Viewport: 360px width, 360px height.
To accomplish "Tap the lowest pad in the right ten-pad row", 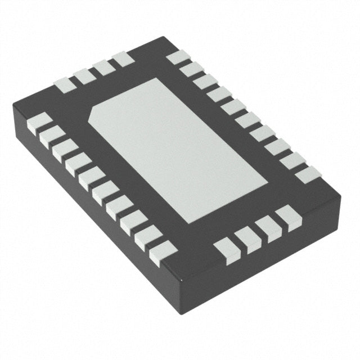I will [307, 174].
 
